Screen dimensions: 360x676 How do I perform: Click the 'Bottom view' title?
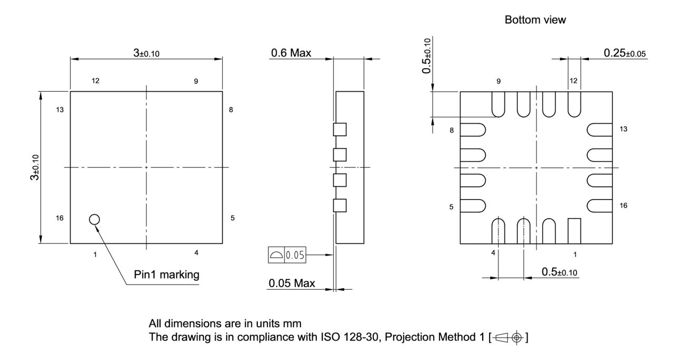(535, 20)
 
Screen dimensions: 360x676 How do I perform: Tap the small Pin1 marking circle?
(95, 219)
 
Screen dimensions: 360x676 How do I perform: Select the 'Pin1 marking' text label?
(167, 275)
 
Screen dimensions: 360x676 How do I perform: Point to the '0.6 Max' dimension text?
(290, 53)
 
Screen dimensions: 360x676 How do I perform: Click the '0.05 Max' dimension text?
(292, 283)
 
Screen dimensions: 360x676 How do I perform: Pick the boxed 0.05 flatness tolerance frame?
(287, 255)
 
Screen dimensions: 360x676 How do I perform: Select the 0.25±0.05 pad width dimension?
(625, 53)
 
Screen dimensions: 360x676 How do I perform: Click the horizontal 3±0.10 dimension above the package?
(146, 53)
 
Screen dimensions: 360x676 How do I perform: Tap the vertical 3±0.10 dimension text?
(34, 167)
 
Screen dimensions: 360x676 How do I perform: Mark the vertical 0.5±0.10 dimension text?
(427, 55)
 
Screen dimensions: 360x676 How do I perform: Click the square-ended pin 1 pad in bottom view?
(574, 231)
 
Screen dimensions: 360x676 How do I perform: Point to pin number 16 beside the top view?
(60, 218)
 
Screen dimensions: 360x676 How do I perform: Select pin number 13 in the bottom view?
(623, 129)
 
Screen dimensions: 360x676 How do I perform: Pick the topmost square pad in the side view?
(340, 129)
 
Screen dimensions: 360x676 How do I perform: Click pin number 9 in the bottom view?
(498, 81)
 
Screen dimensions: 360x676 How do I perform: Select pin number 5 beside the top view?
(232, 218)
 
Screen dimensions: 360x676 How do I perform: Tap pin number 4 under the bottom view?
(493, 253)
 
